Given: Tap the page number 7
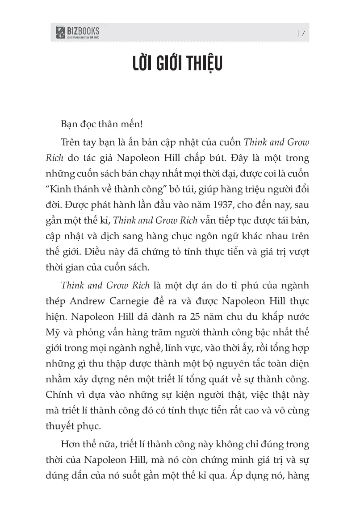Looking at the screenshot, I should click(x=303, y=33).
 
